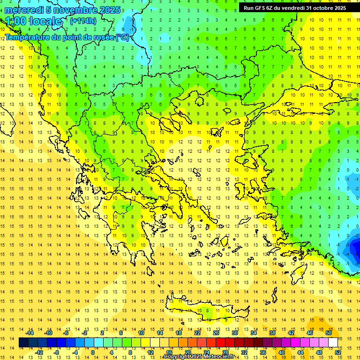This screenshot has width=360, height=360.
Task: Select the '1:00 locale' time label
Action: coord(34,21)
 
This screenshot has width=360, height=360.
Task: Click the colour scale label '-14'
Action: coord(30,333)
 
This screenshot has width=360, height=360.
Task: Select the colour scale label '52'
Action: coord(338,352)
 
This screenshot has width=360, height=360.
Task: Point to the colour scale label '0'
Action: coord(93,352)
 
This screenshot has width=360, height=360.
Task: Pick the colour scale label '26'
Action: coord(216,333)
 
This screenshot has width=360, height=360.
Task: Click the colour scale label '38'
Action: coord(272,333)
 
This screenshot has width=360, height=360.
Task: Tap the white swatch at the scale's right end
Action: coord(333,343)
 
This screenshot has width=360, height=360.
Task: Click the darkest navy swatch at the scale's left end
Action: coord(23,343)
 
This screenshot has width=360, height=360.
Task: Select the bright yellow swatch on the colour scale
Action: coord(146,343)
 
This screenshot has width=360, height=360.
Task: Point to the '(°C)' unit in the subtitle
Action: coord(123,37)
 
